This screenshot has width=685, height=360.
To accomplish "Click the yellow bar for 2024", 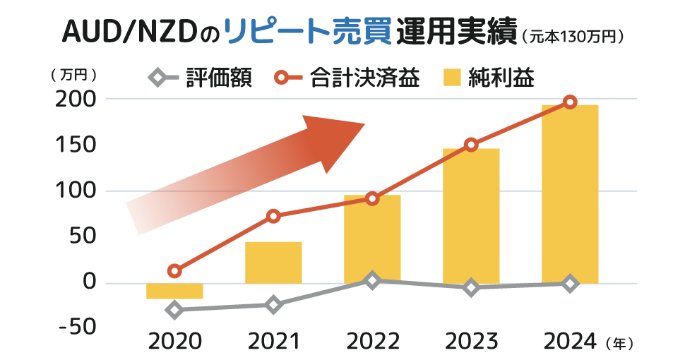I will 570,194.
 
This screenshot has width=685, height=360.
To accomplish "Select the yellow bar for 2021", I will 273,263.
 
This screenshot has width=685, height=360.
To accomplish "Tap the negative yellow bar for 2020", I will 174,291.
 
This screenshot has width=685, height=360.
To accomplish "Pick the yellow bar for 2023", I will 471,216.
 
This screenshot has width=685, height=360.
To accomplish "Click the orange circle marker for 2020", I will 174,270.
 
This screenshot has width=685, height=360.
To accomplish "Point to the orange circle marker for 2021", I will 273,216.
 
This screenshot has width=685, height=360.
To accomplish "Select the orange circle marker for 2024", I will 570,102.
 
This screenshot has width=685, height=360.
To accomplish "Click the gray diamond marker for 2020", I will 174,310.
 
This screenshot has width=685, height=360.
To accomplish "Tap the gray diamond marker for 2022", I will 372,280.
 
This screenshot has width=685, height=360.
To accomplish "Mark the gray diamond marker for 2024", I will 570,284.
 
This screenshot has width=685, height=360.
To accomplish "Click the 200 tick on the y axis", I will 75,100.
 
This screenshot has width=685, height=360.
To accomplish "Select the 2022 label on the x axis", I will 372,342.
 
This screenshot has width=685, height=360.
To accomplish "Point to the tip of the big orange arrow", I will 364,126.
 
